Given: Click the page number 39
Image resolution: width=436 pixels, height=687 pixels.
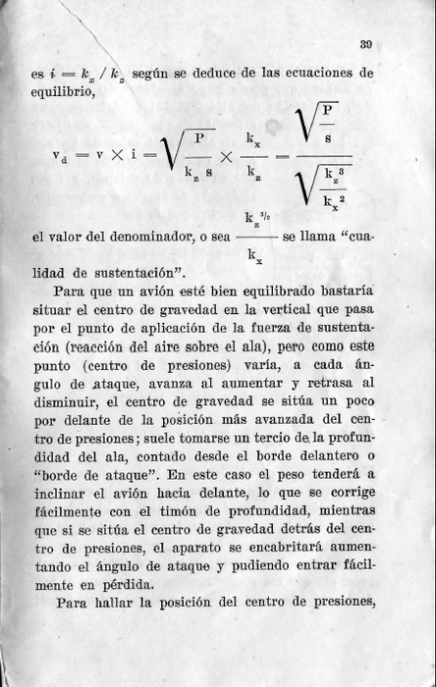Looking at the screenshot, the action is [364, 42].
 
